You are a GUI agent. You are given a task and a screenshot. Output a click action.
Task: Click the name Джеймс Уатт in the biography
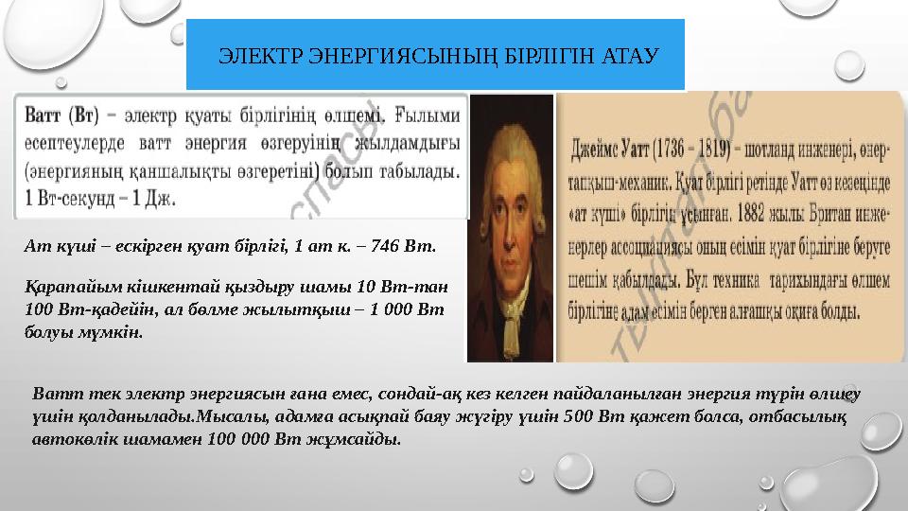pos(616,149)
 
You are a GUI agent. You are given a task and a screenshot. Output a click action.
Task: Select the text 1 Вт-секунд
pos(64,200)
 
